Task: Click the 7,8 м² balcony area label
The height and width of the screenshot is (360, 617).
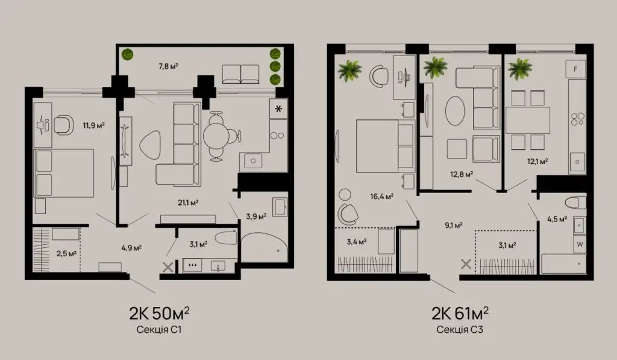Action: (169, 66)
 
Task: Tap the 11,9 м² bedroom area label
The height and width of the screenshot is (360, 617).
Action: (93, 125)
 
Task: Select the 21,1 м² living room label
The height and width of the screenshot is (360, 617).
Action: (188, 203)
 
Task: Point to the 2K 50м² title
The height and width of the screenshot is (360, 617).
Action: (159, 313)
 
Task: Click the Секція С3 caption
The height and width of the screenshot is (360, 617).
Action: (460, 329)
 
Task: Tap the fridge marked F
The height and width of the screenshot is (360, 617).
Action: (575, 69)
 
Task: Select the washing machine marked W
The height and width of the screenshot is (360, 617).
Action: (580, 244)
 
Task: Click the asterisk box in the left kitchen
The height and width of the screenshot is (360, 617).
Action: (278, 109)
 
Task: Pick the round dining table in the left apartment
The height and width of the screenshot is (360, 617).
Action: (216, 136)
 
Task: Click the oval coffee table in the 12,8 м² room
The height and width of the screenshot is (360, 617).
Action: (455, 111)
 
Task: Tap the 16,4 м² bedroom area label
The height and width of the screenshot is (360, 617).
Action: (381, 196)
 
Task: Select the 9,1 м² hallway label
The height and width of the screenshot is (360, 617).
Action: (453, 226)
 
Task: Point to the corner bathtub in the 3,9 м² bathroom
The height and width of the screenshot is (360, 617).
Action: (264, 247)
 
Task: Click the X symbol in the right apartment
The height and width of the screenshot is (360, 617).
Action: (466, 264)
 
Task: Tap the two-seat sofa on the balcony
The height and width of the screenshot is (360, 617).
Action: (240, 74)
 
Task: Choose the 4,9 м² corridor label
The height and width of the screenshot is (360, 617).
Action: (131, 248)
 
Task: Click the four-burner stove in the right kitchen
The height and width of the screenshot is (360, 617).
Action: (578, 119)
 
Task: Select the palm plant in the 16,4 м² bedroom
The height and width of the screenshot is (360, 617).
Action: (349, 71)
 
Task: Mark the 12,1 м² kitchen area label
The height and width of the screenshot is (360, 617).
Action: (537, 161)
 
